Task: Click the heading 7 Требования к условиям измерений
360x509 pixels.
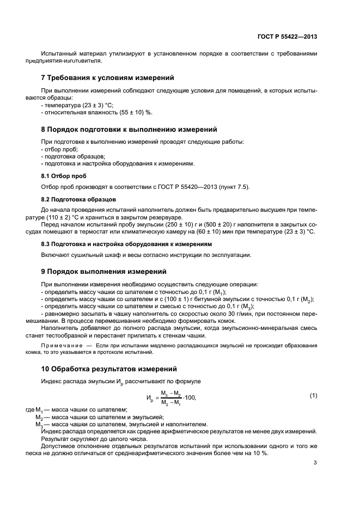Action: (x=108, y=78)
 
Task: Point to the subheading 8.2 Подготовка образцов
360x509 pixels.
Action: (x=78, y=200)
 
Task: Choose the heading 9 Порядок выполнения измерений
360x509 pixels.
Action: (x=104, y=271)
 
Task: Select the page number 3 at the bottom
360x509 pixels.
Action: (x=315, y=463)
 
